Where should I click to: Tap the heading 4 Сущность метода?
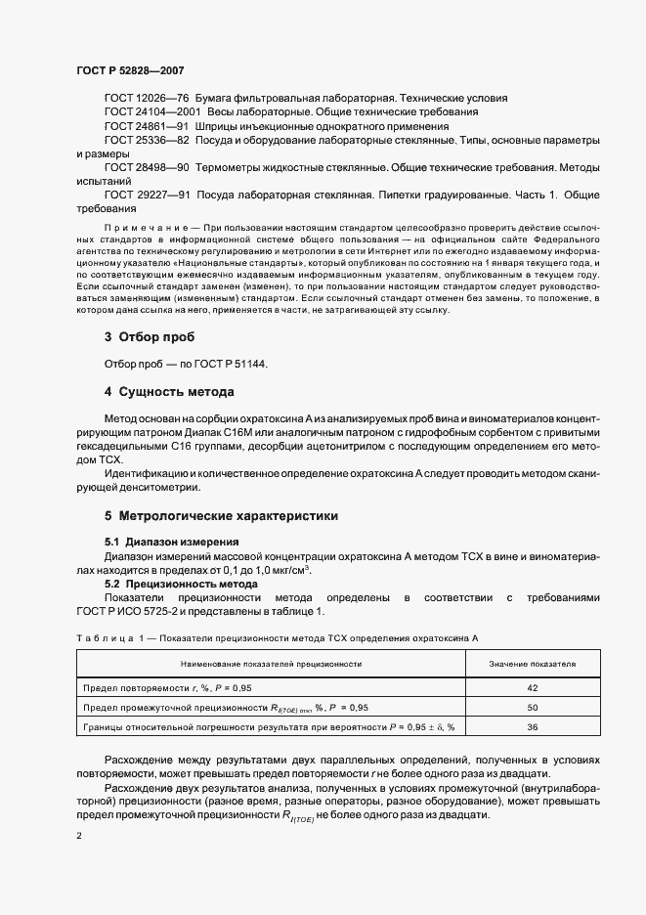pyautogui.click(x=168, y=392)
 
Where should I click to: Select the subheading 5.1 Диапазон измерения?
pyautogui.click(x=171, y=541)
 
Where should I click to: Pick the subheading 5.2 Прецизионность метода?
pyautogui.click(x=181, y=583)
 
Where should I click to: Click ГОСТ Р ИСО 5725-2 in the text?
pyautogui.click(x=134, y=611)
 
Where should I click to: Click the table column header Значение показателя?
pyautogui.click(x=532, y=664)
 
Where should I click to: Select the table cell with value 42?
pyautogui.click(x=532, y=687)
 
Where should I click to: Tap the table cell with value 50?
pyautogui.click(x=532, y=707)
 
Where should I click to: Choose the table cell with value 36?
pyautogui.click(x=532, y=726)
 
